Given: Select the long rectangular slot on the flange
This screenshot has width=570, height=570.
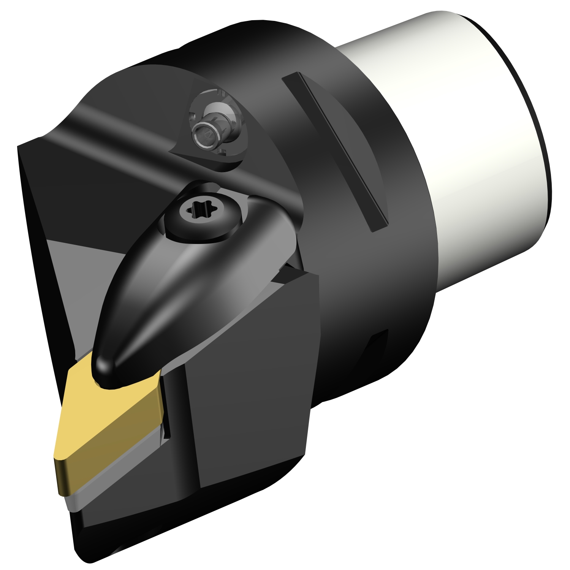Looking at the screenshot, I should point(334,150).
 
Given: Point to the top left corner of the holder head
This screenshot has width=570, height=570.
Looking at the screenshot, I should point(19,146).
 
